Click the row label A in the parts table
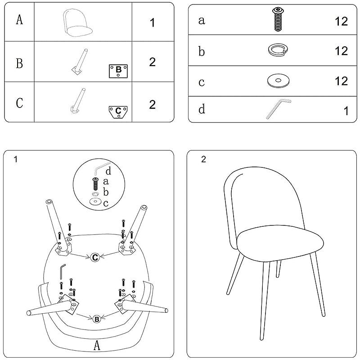point(19,19)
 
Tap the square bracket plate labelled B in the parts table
point(118,71)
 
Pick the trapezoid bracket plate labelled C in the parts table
point(118,112)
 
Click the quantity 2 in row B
point(153,62)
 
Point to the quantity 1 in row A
point(152,23)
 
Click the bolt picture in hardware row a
point(278,19)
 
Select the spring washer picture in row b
point(278,49)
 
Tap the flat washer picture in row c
point(278,81)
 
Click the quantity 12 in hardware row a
point(341,21)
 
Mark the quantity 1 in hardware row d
point(346,111)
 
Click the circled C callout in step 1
point(95,257)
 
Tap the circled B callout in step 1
point(97,319)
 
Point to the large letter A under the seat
point(97,345)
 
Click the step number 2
point(203,159)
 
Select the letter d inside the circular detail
point(108,171)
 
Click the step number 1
point(15,159)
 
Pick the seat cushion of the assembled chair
point(280,243)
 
